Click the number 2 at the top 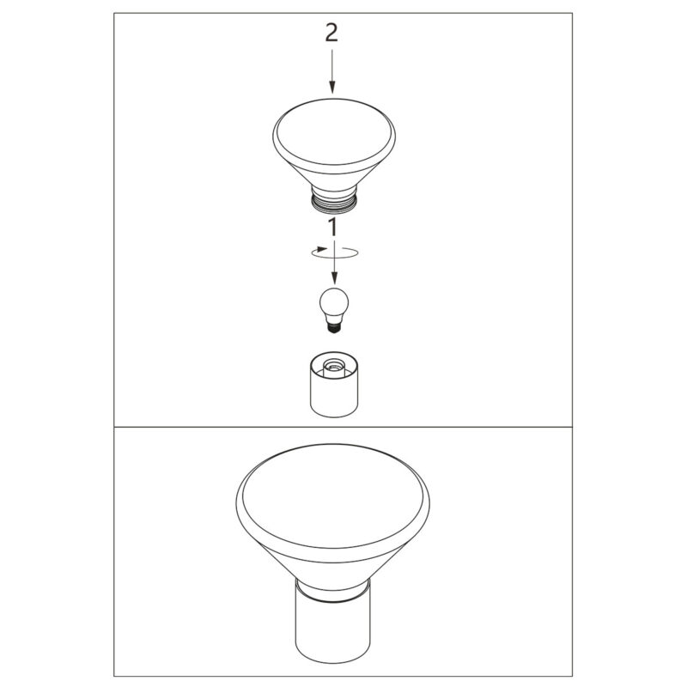pyautogui.click(x=331, y=33)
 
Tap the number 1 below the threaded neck pyautogui.click(x=333, y=228)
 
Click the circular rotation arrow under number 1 pyautogui.click(x=335, y=252)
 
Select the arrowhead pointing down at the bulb pyautogui.click(x=334, y=277)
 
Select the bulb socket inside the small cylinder pyautogui.click(x=334, y=366)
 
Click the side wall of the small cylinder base pyautogui.click(x=334, y=397)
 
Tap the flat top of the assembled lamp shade pyautogui.click(x=333, y=495)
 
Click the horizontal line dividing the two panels pyautogui.click(x=343, y=427)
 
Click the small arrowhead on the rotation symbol pyautogui.click(x=323, y=249)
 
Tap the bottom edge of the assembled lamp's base pyautogui.click(x=333, y=664)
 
